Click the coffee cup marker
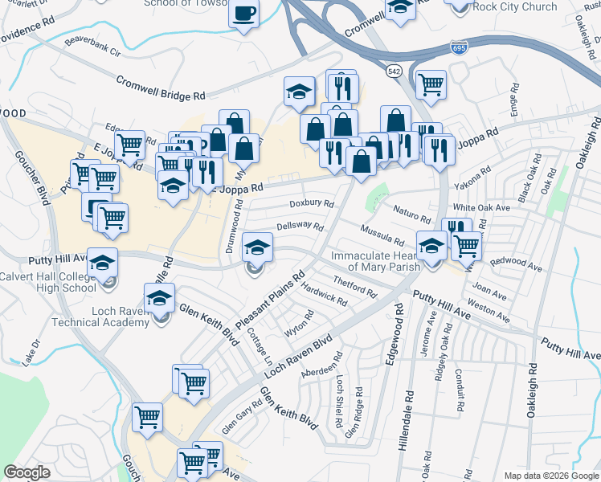tap(244, 14)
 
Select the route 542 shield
tap(394, 71)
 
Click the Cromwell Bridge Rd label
tap(160, 88)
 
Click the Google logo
tap(27, 472)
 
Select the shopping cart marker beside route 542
tap(431, 84)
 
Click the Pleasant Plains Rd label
tap(276, 303)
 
